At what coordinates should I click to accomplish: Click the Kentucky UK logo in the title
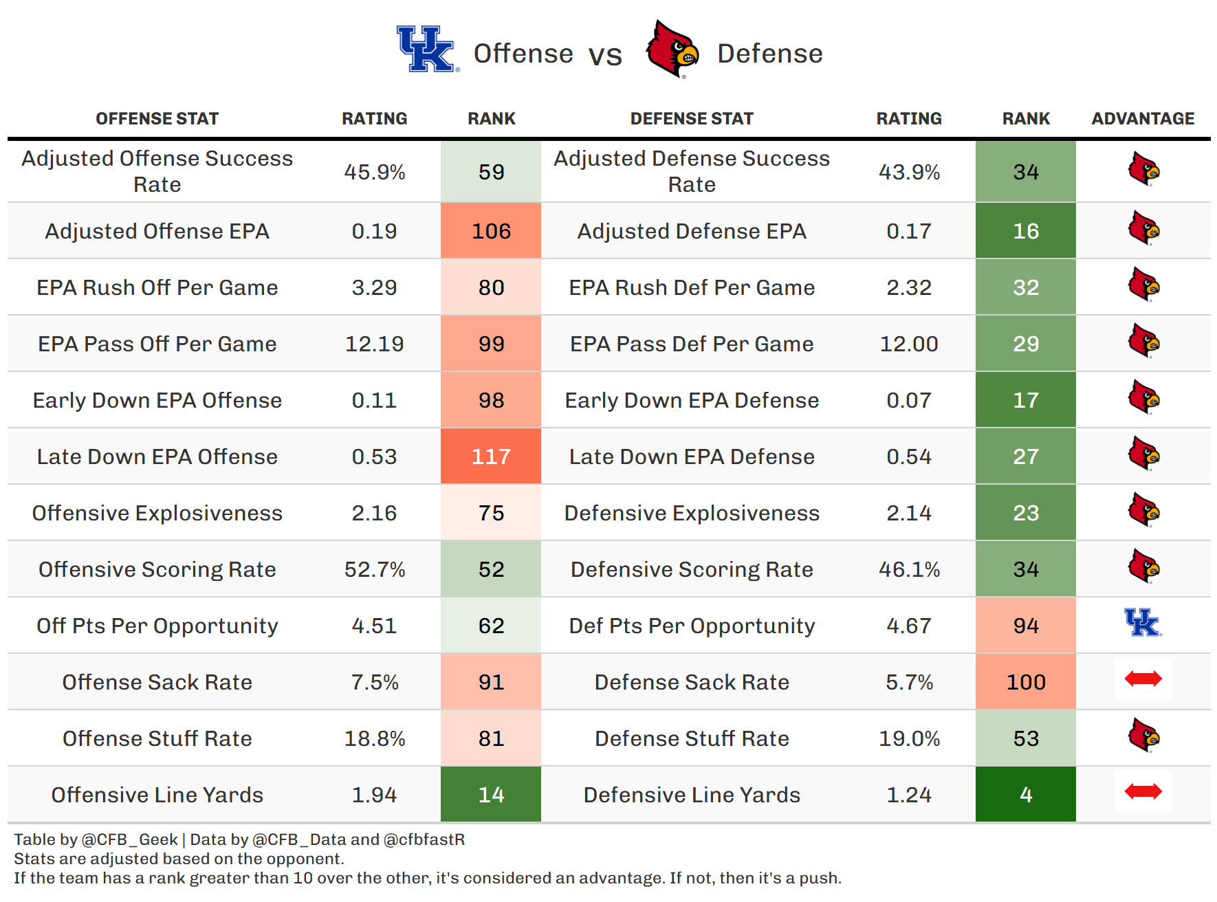(426, 49)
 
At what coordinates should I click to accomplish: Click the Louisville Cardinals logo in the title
(672, 49)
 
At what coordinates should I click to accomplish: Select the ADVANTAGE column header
(1143, 119)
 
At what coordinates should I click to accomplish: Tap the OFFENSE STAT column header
(157, 119)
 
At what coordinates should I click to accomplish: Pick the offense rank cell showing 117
(491, 456)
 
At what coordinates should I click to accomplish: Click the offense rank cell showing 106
(491, 231)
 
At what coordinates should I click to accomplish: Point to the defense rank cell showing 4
(1026, 795)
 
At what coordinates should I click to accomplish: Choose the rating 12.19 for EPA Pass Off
(374, 344)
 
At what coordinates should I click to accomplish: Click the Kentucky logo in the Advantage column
(1143, 623)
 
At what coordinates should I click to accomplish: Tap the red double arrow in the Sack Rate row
(1143, 679)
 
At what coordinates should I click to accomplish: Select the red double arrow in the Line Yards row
(1143, 792)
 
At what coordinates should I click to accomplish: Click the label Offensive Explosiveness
(157, 513)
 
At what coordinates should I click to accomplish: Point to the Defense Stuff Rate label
(692, 738)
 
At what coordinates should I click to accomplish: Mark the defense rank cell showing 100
(1026, 682)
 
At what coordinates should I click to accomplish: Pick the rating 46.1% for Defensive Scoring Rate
(909, 569)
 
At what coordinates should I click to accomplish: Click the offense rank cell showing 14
(491, 795)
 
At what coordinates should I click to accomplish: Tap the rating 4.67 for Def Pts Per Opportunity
(909, 626)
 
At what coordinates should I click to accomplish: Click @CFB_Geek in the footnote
(130, 839)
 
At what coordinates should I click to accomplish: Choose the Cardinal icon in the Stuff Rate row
(1143, 736)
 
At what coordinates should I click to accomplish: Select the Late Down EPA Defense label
(692, 456)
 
